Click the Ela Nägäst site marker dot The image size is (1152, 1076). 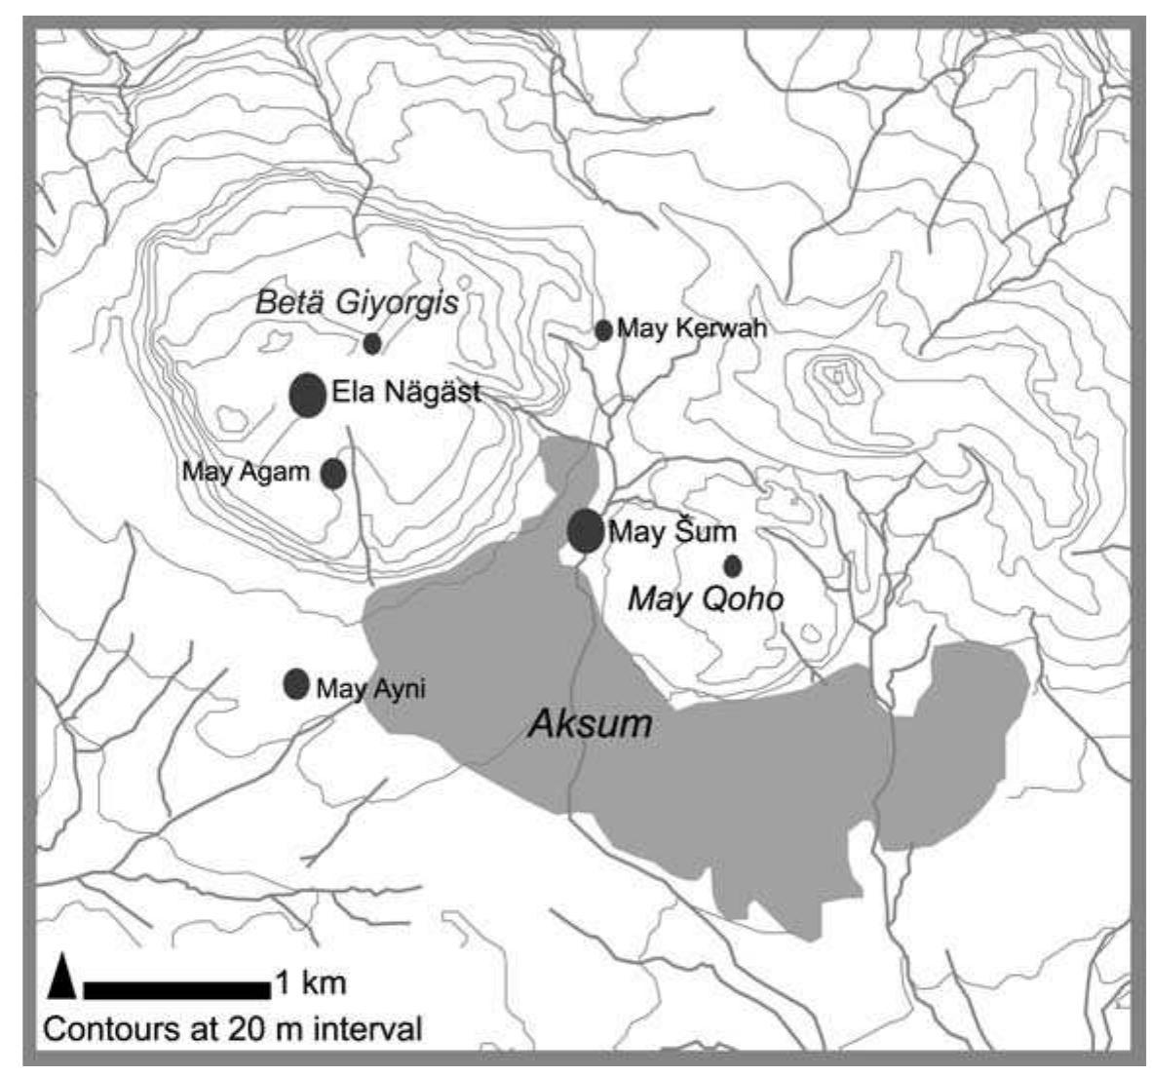[308, 395]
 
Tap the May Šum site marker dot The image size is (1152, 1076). [586, 530]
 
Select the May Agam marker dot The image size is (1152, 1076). [333, 473]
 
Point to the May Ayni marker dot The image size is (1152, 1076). [296, 684]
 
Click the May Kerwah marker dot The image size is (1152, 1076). [603, 330]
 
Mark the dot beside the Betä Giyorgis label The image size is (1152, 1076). [371, 343]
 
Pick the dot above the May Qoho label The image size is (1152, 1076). [732, 565]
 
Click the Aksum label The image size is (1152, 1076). [589, 724]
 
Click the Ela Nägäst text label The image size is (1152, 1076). [406, 394]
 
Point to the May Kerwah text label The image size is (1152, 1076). [692, 329]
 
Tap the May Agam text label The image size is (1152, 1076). [246, 473]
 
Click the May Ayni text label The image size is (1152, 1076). [371, 689]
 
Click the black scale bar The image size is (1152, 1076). [176, 990]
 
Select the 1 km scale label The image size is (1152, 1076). [310, 982]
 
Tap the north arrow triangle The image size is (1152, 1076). [61, 978]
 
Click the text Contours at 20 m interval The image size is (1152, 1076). [233, 1029]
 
